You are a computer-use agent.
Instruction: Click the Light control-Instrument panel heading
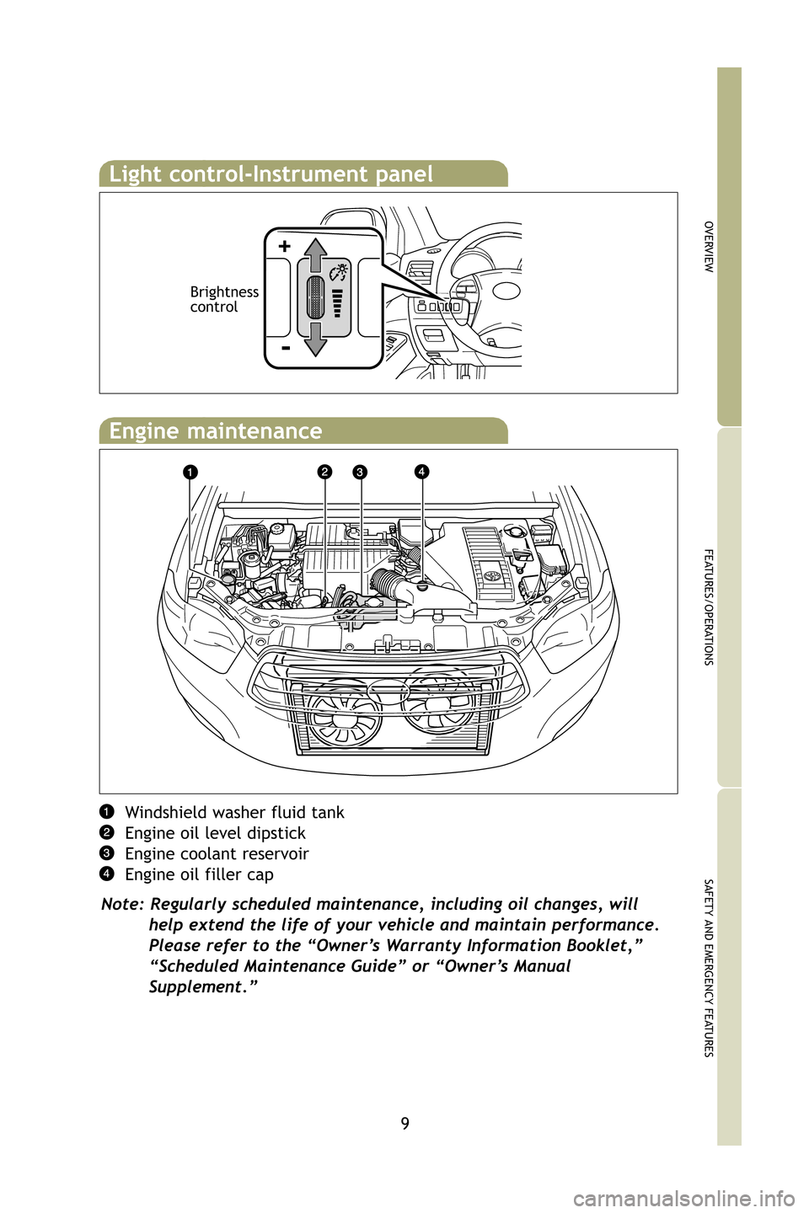tap(271, 174)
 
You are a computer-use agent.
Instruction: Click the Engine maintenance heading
tap(216, 431)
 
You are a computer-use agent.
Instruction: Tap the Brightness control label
tap(224, 299)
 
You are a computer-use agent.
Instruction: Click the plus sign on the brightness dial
tap(285, 246)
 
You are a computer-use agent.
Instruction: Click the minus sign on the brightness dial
tap(286, 348)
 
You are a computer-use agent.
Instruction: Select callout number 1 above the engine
tap(191, 472)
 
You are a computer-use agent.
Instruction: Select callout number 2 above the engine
tap(325, 472)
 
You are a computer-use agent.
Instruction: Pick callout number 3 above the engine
tap(360, 472)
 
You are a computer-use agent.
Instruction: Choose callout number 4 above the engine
tap(421, 471)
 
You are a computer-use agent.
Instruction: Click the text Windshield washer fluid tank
tap(234, 813)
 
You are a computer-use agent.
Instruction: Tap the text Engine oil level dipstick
tap(215, 833)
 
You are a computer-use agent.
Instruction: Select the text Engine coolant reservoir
tap(217, 854)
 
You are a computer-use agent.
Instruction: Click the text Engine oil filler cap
tap(199, 875)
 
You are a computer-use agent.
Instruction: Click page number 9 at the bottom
tap(405, 1123)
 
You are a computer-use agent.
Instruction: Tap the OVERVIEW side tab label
tap(709, 246)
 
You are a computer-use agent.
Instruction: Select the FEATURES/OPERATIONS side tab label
tap(709, 606)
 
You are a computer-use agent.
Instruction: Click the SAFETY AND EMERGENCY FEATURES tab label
tap(709, 967)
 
